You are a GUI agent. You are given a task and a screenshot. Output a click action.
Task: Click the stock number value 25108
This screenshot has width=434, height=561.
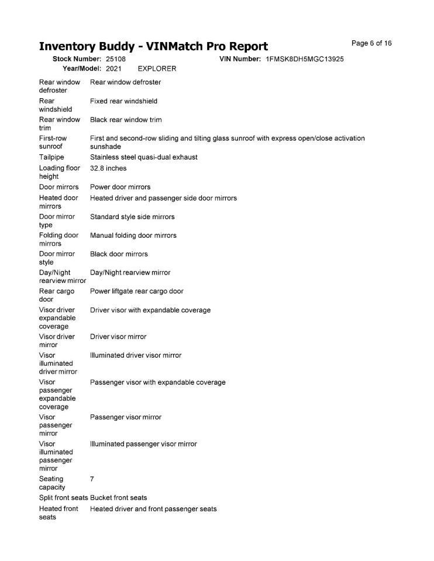116,59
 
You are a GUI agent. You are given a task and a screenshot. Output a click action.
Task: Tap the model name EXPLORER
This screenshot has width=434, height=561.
157,68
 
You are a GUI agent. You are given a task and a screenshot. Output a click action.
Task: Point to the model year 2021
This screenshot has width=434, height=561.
113,68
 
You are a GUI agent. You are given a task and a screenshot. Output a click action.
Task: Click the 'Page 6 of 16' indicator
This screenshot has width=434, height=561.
371,43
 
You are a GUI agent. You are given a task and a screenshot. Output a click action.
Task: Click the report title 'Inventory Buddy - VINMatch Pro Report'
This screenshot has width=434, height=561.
153,46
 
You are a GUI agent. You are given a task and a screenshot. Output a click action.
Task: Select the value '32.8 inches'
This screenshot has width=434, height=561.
108,168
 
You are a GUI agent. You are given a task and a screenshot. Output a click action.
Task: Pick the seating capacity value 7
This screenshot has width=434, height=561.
92,479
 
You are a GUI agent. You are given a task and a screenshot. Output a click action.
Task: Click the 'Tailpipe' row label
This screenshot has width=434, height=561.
51,157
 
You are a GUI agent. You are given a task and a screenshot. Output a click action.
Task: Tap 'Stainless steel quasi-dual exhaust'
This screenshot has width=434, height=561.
144,157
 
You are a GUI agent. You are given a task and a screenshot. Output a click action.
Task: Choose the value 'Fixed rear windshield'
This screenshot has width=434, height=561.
123,101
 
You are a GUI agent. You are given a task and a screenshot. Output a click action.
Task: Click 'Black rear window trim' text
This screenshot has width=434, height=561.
126,120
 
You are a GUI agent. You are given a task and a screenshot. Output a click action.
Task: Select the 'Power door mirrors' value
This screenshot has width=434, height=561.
120,187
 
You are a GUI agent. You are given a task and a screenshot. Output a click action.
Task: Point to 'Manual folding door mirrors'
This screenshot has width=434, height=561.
133,236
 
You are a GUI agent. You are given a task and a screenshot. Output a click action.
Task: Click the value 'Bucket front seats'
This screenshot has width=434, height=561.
119,497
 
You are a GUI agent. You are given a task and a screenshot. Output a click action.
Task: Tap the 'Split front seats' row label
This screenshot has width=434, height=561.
63,497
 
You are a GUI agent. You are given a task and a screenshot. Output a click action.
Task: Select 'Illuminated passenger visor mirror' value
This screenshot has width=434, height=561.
143,444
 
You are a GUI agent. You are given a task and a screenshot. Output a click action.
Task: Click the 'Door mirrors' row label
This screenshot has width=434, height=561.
58,187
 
